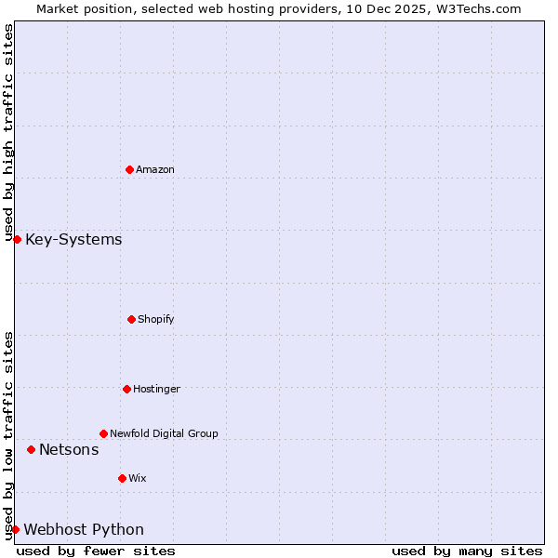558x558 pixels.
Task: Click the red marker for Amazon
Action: (x=129, y=169)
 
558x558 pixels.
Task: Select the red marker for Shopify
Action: (x=131, y=319)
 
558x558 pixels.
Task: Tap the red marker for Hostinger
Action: (x=126, y=389)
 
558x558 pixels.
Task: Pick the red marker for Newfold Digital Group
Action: (x=103, y=433)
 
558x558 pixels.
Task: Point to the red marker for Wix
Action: (x=122, y=478)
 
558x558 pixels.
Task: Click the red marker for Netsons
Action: (x=31, y=449)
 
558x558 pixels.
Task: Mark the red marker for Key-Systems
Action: (x=17, y=239)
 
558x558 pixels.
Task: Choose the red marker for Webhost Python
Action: (x=15, y=529)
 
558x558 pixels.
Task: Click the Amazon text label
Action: (x=155, y=169)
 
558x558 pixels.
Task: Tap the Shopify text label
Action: (x=156, y=319)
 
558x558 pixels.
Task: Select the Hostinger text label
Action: (x=156, y=389)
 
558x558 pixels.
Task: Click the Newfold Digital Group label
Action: (x=164, y=433)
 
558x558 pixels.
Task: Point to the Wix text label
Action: (x=138, y=478)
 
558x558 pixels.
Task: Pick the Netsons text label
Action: (x=69, y=450)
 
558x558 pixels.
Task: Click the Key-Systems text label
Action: (x=73, y=240)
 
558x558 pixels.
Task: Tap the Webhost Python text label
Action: (x=84, y=530)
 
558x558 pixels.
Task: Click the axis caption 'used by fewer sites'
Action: (x=96, y=551)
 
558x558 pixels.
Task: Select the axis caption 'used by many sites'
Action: (x=467, y=551)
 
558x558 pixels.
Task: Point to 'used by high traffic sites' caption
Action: (x=8, y=132)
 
